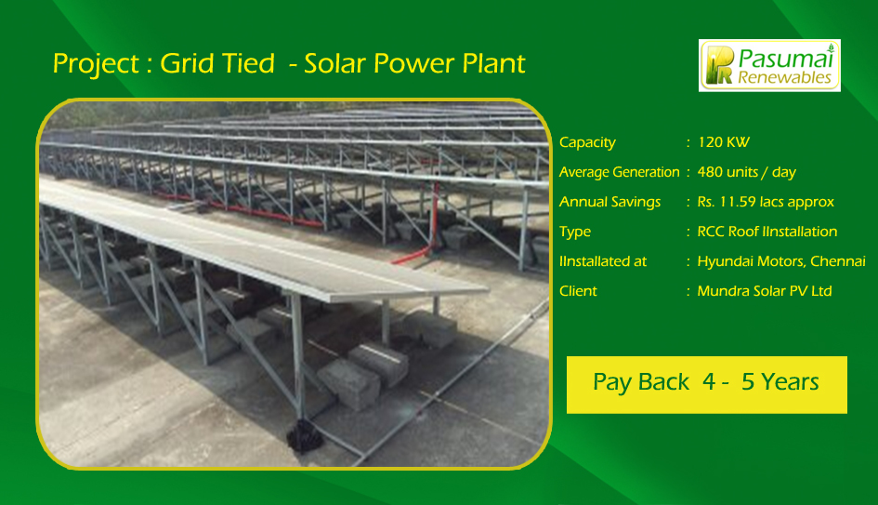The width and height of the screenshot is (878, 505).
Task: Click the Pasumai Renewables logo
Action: (769, 66)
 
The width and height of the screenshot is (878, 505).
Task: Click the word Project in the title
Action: (96, 64)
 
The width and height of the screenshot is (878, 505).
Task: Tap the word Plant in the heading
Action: (494, 63)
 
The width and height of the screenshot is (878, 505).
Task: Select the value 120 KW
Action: (723, 142)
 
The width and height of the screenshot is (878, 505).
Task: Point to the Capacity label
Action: (587, 143)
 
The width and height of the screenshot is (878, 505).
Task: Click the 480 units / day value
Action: (746, 173)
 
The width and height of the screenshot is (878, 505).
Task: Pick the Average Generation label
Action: (620, 173)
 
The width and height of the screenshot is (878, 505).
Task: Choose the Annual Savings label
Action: (609, 203)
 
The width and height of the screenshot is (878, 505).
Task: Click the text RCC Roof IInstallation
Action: (767, 232)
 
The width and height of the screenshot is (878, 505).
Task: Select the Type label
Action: (575, 233)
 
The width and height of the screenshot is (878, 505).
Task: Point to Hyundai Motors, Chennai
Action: (781, 261)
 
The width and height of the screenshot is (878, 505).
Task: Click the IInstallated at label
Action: (603, 261)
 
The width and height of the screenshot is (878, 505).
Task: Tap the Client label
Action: (578, 291)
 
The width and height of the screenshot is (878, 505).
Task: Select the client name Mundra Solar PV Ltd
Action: (765, 291)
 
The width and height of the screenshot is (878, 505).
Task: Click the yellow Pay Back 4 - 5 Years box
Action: (707, 385)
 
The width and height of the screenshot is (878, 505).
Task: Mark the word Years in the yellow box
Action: (780, 382)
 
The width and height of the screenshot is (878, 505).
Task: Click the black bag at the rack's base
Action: (304, 436)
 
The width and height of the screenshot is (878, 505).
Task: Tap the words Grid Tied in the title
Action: (217, 63)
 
